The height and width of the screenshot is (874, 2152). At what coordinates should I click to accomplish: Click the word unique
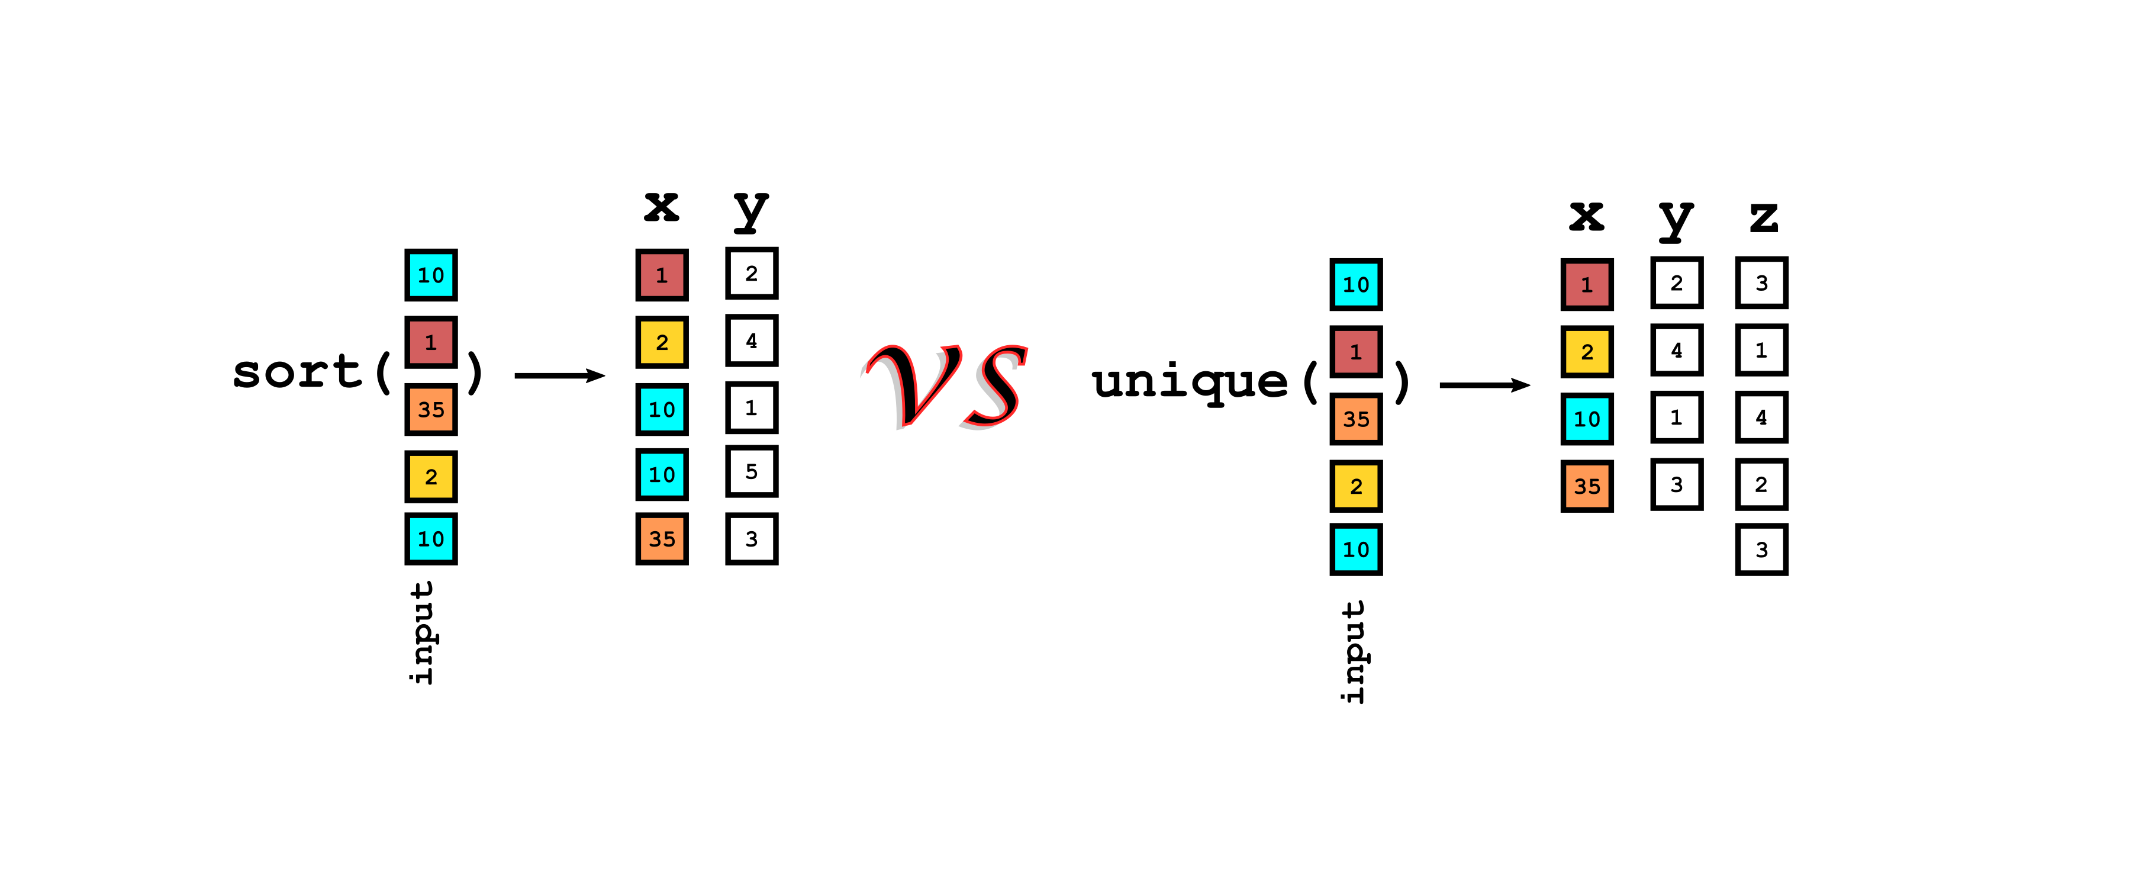point(1190,383)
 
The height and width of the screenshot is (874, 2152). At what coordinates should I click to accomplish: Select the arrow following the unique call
point(1484,385)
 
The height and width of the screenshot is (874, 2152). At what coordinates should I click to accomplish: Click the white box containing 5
point(751,472)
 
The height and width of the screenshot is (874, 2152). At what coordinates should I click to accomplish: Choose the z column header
point(1763,217)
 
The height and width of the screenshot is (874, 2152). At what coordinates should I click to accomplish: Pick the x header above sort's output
point(661,205)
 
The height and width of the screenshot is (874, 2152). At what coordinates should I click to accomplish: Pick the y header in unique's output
point(1675,219)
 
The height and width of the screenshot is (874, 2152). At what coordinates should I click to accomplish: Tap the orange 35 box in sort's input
point(431,409)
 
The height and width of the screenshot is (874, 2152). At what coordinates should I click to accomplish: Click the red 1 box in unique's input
point(1356,352)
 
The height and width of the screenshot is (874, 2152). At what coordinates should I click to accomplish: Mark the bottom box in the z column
point(1761,550)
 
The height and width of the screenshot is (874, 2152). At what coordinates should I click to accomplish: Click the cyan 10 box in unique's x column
point(1586,419)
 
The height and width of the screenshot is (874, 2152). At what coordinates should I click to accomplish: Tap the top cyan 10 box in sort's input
point(431,275)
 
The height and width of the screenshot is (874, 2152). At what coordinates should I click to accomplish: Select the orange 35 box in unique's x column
point(1586,486)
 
